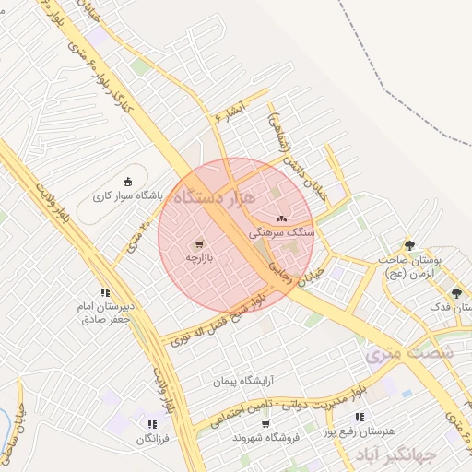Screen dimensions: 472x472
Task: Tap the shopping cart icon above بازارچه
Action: click(200, 244)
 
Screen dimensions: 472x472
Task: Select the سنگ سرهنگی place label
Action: click(289, 234)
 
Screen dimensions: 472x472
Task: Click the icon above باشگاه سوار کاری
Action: click(127, 181)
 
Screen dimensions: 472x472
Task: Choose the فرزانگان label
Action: click(153, 439)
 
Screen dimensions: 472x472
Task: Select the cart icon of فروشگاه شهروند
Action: click(266, 424)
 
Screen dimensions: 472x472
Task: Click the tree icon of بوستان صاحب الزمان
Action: click(409, 245)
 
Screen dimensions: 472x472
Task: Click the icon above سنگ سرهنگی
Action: click(281, 218)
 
